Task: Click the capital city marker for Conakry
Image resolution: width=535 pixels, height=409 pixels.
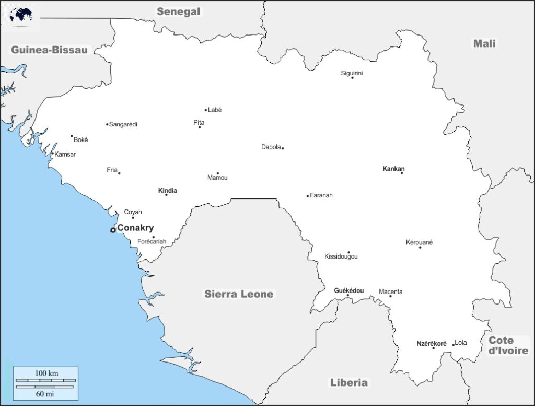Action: [113, 230]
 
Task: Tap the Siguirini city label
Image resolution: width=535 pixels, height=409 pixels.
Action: [352, 73]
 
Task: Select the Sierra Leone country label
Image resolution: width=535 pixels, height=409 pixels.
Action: [238, 294]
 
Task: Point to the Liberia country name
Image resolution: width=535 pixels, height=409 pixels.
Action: [348, 382]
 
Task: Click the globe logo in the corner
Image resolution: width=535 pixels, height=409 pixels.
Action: [21, 15]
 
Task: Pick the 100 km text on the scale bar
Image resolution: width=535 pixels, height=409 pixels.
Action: [46, 373]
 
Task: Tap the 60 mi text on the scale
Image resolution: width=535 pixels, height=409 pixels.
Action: [46, 393]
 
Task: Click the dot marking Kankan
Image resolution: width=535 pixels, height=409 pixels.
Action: [402, 173]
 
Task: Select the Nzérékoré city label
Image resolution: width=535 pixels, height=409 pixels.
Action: [432, 344]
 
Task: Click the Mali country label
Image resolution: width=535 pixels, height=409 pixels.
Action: [484, 43]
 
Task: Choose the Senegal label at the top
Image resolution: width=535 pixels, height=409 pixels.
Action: [179, 11]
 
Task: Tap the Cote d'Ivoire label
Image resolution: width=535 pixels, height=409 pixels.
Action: [508, 345]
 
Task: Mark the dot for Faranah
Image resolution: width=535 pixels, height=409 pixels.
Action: [308, 196]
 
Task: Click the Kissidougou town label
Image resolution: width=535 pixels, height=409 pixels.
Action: [341, 257]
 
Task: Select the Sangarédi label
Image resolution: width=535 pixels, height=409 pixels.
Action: [123, 124]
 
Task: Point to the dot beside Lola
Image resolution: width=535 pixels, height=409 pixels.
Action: [453, 345]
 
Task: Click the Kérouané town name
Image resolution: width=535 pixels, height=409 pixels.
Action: [419, 242]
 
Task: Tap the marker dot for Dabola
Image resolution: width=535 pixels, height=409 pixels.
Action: [283, 148]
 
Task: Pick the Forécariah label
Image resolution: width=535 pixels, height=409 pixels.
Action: [152, 242]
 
